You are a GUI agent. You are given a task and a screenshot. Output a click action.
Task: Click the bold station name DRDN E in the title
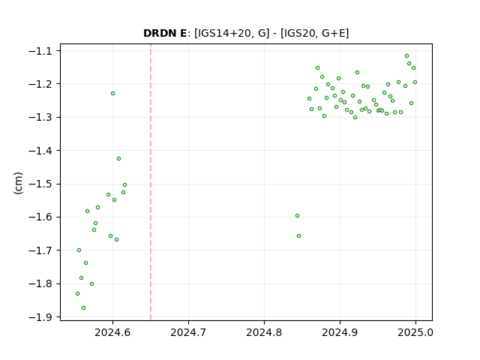pos(165,33)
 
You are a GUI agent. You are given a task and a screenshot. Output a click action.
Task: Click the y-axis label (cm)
pos(18,183)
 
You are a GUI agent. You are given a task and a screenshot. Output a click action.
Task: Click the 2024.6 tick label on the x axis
pos(112,332)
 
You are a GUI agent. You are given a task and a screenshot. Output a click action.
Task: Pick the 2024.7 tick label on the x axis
pos(188,332)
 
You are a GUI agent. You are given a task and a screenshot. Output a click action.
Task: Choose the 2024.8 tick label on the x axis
pos(264,332)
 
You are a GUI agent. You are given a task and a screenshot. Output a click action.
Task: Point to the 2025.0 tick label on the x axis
pos(415,332)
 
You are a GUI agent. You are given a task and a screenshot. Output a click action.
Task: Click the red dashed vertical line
pos(151,182)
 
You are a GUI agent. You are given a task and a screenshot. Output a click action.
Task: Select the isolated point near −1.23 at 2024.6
pos(113,93)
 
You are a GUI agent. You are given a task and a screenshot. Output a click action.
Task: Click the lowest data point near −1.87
pos(83,308)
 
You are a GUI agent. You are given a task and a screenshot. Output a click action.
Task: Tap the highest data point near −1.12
pos(406,56)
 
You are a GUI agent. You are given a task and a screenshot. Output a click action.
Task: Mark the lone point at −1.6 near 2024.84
pos(297,216)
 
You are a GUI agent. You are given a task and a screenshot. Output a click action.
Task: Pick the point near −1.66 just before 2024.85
pos(298,236)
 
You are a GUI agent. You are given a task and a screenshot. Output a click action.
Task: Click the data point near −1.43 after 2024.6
pos(118,158)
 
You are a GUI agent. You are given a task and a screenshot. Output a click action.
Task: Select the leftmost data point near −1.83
pos(78,294)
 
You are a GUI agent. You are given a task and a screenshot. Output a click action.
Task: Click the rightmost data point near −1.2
pos(415,82)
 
